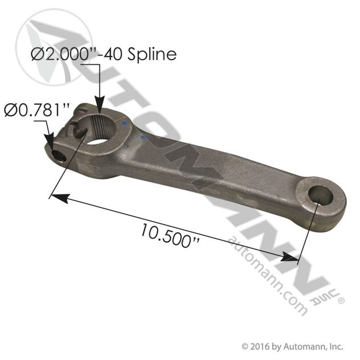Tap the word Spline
tap(152, 55)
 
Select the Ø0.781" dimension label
tap(36, 110)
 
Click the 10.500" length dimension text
tap(170, 236)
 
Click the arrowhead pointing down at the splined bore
tap(100, 105)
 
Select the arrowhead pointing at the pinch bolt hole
tap(50, 142)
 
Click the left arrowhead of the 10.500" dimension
tap(59, 198)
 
